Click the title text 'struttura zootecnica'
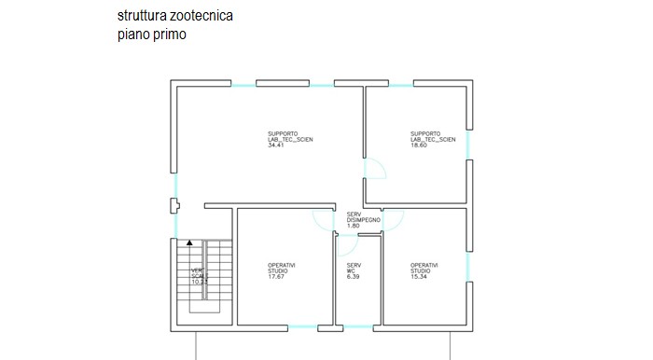pos(175,16)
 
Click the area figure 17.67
pos(276,276)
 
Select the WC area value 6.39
pos(353,276)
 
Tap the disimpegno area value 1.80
pos(353,227)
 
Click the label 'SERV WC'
pos(354,268)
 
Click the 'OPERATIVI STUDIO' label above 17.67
pos(282,268)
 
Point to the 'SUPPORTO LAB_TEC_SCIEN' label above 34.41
pos(290,137)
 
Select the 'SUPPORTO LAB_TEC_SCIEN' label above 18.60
pos(433,137)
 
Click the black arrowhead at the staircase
pos(189,242)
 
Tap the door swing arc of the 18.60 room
pos(376,168)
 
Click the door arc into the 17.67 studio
pos(322,220)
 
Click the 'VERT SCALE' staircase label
pos(199,274)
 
